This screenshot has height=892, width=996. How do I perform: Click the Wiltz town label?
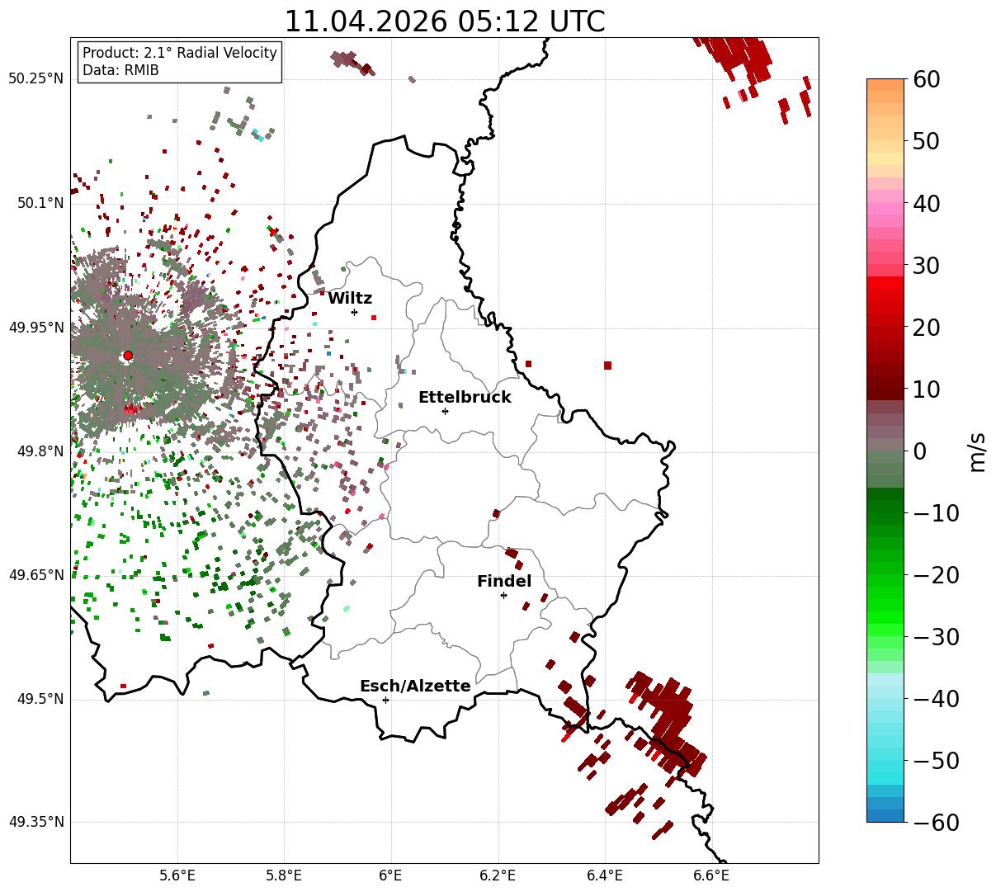pyautogui.click(x=350, y=298)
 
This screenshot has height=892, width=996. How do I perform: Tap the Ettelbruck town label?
pyautogui.click(x=465, y=397)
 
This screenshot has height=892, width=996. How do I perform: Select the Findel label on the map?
pyautogui.click(x=504, y=581)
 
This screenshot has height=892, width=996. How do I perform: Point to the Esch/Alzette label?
pyautogui.click(x=415, y=686)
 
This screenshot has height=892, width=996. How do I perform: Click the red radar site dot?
pyautogui.click(x=128, y=356)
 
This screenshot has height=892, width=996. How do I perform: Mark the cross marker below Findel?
pyautogui.click(x=503, y=596)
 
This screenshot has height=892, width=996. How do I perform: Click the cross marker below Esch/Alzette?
pyautogui.click(x=385, y=700)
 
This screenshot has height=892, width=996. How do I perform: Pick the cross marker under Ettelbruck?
pyautogui.click(x=445, y=411)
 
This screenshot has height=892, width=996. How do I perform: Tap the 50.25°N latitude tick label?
pyautogui.click(x=35, y=78)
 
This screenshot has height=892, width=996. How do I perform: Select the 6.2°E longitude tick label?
pyautogui.click(x=498, y=875)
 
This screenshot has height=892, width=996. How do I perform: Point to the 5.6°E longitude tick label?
pyautogui.click(x=177, y=875)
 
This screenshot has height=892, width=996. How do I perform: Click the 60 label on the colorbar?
pyautogui.click(x=926, y=80)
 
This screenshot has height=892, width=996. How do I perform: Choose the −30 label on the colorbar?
pyautogui.click(x=936, y=637)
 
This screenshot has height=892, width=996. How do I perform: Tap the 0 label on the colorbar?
pyautogui.click(x=920, y=451)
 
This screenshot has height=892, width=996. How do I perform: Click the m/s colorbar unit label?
pyautogui.click(x=977, y=452)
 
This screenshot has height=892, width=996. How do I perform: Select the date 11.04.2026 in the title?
pyautogui.click(x=366, y=21)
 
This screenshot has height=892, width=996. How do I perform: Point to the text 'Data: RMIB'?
pyautogui.click(x=121, y=70)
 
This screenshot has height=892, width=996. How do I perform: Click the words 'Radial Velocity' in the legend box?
pyautogui.click(x=227, y=53)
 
